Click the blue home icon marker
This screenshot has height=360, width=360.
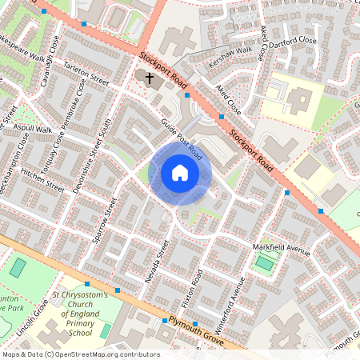(180, 173)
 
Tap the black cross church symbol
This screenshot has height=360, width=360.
(149, 77)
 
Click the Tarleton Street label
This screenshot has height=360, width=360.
(86, 73)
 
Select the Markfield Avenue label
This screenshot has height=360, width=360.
(282, 248)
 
